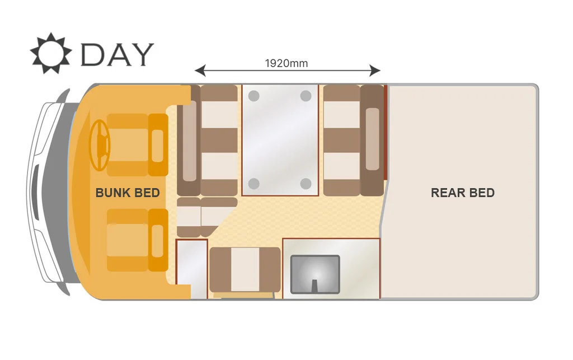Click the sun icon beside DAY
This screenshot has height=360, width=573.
(x=51, y=53)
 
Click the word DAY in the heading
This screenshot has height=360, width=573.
(x=117, y=55)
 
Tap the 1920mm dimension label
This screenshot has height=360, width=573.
(x=286, y=63)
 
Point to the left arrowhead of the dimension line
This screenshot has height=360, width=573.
(x=200, y=70)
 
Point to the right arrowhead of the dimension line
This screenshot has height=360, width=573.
(x=375, y=70)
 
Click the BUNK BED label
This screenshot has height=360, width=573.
(x=128, y=193)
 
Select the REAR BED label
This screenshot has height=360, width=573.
(x=463, y=193)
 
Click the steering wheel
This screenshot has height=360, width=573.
(x=100, y=145)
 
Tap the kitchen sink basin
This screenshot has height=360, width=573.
(x=315, y=274)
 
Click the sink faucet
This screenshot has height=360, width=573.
(x=314, y=286)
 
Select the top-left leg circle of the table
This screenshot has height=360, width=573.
(x=254, y=96)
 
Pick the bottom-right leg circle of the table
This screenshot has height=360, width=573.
(x=306, y=184)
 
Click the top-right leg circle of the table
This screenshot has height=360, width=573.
(x=306, y=96)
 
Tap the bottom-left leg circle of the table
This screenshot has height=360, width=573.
(x=254, y=184)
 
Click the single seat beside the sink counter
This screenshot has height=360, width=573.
(x=245, y=270)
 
